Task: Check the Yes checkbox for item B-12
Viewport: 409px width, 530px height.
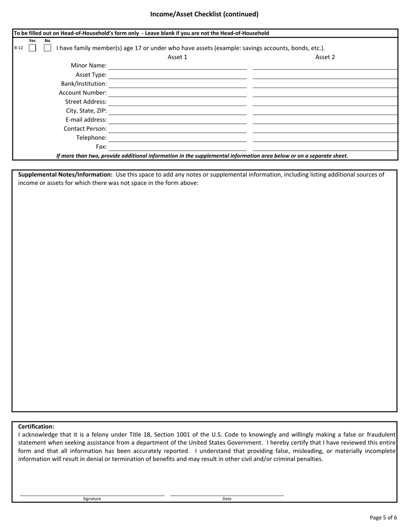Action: click(x=32, y=48)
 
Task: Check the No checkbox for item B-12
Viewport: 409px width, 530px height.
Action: click(x=47, y=48)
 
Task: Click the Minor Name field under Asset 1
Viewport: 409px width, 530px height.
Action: click(x=177, y=65)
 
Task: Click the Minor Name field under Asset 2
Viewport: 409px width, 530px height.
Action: click(x=325, y=65)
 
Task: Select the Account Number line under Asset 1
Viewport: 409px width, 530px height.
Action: click(x=177, y=93)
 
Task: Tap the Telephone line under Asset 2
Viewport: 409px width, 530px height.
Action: click(x=325, y=137)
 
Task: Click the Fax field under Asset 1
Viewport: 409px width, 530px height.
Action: click(x=177, y=147)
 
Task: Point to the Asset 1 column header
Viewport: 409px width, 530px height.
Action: click(x=177, y=57)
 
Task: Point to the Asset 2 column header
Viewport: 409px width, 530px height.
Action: click(x=325, y=57)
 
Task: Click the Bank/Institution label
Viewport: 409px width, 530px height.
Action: click(x=84, y=84)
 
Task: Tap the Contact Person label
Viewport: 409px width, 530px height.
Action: click(x=85, y=128)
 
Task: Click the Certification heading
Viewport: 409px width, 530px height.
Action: click(x=36, y=427)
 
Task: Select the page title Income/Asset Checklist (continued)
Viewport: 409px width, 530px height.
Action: click(x=204, y=14)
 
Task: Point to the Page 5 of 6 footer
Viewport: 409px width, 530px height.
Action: click(x=383, y=518)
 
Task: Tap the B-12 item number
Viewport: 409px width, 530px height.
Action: click(x=19, y=48)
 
